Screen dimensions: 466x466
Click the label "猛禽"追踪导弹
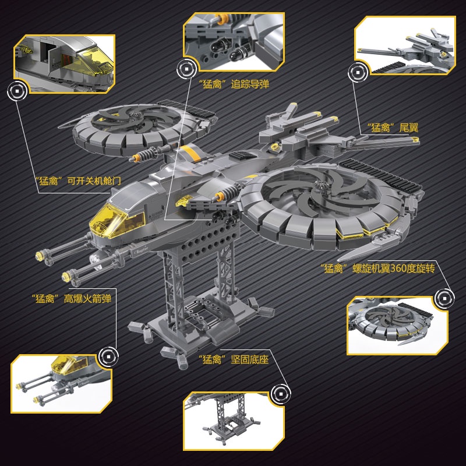(x=234, y=84)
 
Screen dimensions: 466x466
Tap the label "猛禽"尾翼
(x=392, y=126)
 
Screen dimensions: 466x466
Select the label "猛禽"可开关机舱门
(x=77, y=180)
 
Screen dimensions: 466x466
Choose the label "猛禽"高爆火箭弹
(x=72, y=299)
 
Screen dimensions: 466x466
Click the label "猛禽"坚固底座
(x=232, y=359)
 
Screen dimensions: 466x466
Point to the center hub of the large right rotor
(x=320, y=189)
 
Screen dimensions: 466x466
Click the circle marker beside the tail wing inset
(x=355, y=72)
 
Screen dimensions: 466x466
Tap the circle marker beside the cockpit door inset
(x=17, y=91)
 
